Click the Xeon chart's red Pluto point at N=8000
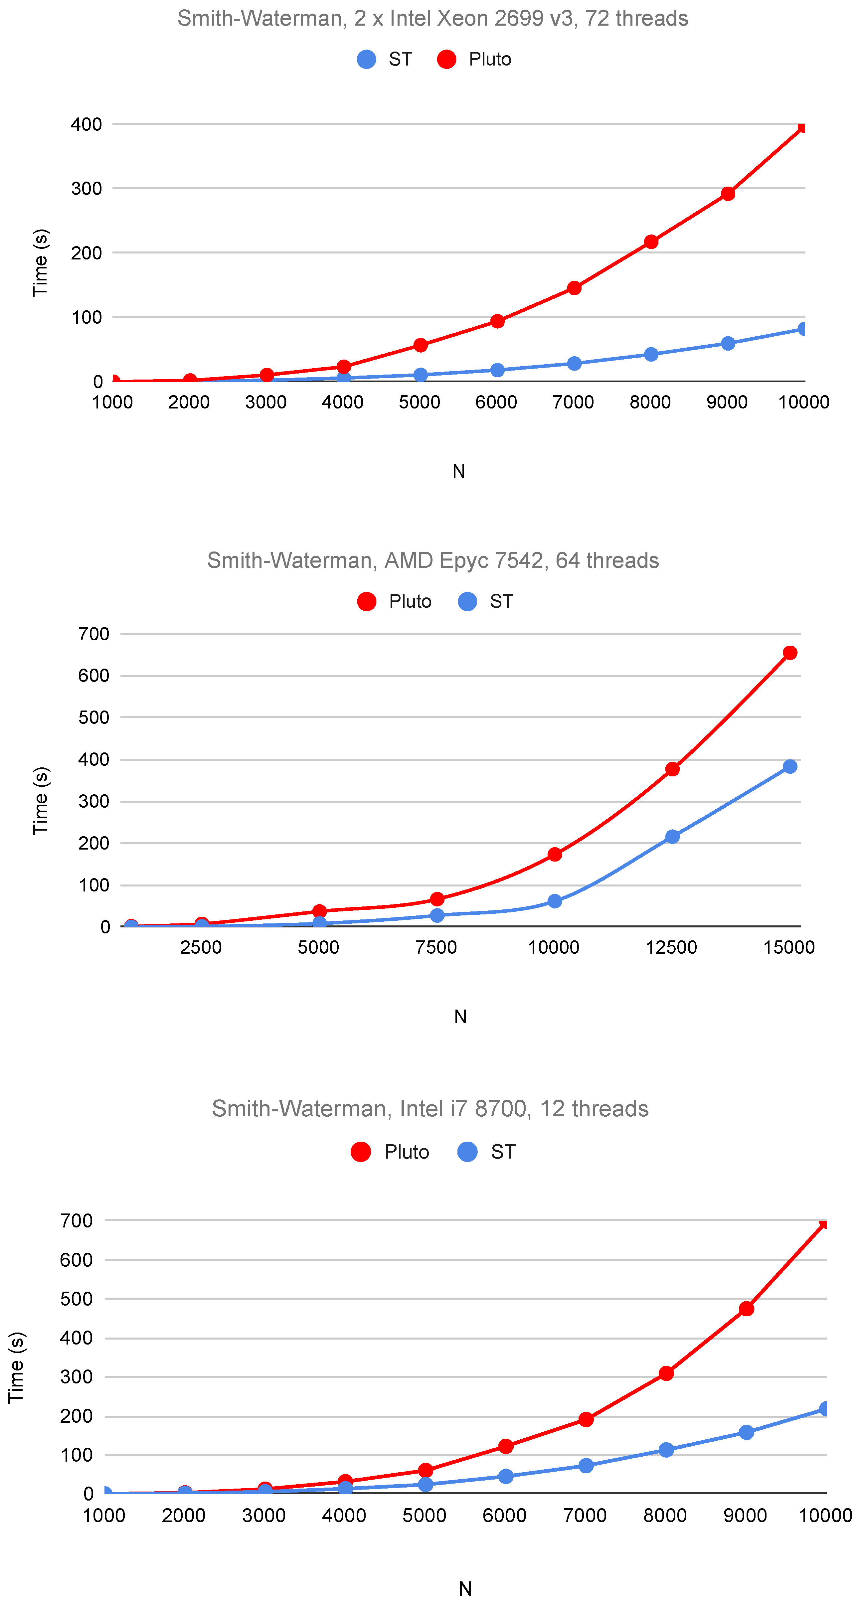coord(651,241)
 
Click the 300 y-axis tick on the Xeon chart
coord(86,188)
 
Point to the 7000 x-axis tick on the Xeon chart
coord(573,402)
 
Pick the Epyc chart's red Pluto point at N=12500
coord(672,769)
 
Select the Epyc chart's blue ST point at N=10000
coord(554,901)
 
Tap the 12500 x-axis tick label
coord(671,947)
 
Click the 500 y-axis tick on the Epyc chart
coord(94,718)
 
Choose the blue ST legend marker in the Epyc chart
coord(467,601)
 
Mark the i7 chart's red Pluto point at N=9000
coord(746,1309)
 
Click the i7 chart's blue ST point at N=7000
coord(586,1466)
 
